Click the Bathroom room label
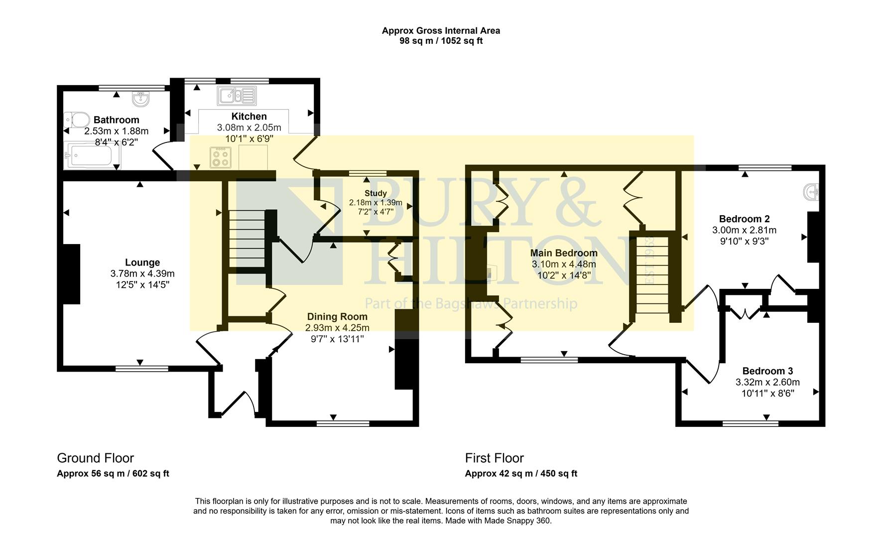(x=116, y=120)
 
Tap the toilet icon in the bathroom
(x=76, y=120)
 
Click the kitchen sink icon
(x=237, y=95)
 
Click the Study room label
(x=376, y=193)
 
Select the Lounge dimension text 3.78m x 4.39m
(x=142, y=273)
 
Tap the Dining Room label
(x=337, y=316)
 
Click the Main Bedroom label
(x=564, y=253)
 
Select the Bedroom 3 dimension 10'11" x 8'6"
(x=767, y=393)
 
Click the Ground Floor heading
(x=95, y=458)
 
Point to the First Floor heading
(x=494, y=458)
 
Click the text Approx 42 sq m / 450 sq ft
(x=521, y=474)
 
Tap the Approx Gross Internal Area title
(x=441, y=30)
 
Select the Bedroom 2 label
(x=744, y=219)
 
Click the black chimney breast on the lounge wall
(x=71, y=273)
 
